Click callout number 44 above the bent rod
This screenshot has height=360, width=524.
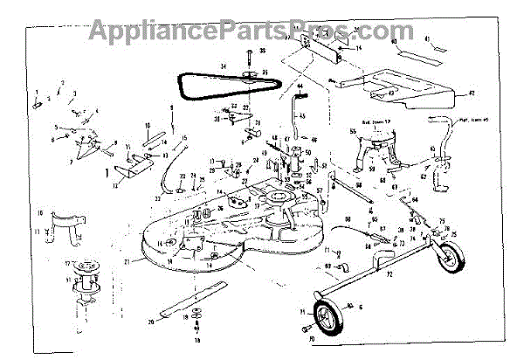298,87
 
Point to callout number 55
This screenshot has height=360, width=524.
353,131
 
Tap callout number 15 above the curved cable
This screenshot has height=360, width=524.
184,138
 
